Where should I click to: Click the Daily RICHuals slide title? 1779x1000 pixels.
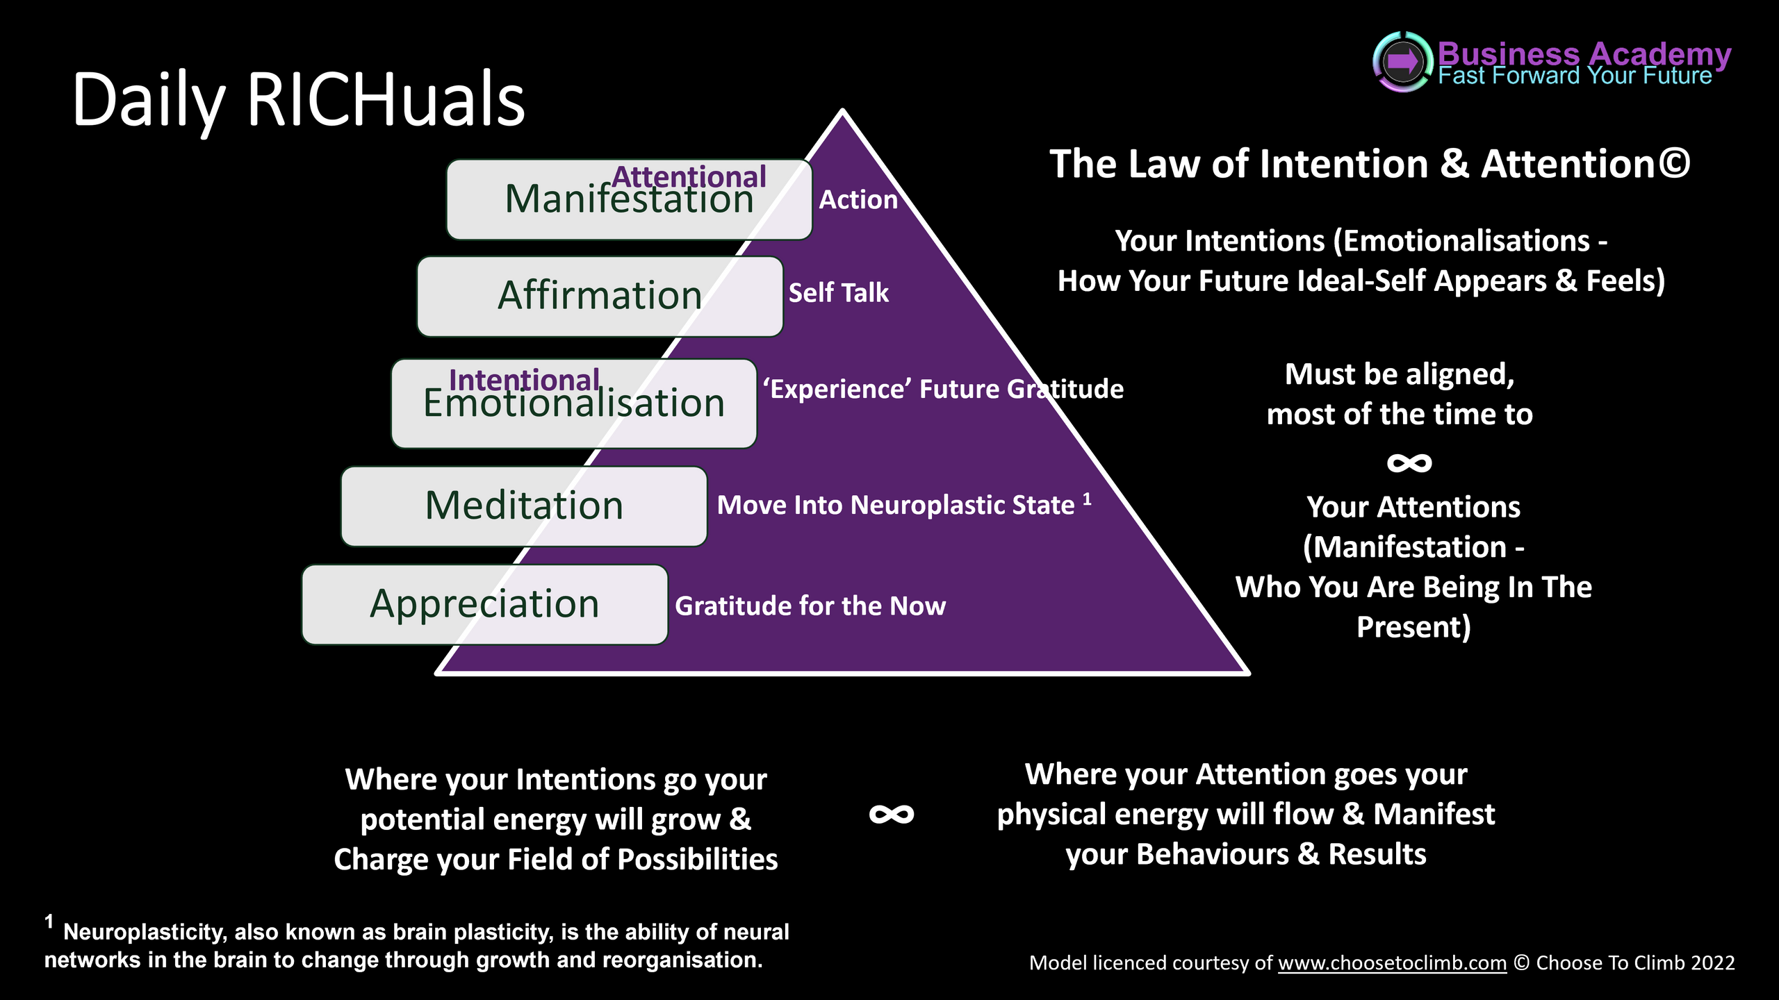pos(299,101)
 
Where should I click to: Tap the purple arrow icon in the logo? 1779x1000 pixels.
pos(1402,62)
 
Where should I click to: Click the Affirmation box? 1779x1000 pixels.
pos(599,297)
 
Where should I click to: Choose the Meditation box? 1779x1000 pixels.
pos(523,506)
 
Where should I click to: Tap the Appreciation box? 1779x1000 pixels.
pos(484,604)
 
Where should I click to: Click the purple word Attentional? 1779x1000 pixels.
pos(689,176)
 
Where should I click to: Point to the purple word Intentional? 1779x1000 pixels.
pos(524,379)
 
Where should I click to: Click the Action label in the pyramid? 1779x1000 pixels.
pos(858,200)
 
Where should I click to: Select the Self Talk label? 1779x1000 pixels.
pos(838,293)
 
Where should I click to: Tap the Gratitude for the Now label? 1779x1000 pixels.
pos(810,606)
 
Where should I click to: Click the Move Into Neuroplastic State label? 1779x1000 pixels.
pos(896,506)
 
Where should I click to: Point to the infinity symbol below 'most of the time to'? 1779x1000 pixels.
pos(1409,463)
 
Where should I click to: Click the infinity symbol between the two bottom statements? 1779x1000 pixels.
pos(892,815)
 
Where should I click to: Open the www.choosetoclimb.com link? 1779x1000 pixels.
pos(1392,963)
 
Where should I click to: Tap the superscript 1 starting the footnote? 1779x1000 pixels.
pos(49,922)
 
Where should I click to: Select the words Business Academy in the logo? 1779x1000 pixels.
pos(1584,53)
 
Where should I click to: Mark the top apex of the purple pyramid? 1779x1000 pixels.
pos(842,112)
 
